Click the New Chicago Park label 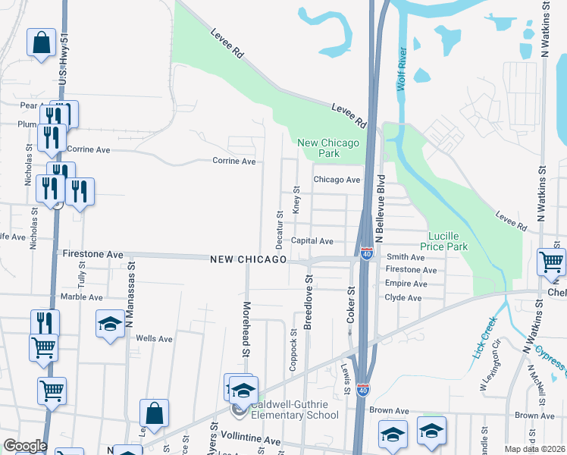[x=328, y=148]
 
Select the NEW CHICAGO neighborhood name [x=248, y=260]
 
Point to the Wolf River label [x=401, y=70]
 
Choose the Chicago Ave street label [x=337, y=180]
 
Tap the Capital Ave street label [x=312, y=241]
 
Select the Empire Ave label [x=406, y=284]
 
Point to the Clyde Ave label [x=403, y=298]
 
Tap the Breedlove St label [x=309, y=303]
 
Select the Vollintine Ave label [x=249, y=441]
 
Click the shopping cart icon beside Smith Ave [x=551, y=262]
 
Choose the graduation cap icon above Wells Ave [x=111, y=324]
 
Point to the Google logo [x=25, y=446]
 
